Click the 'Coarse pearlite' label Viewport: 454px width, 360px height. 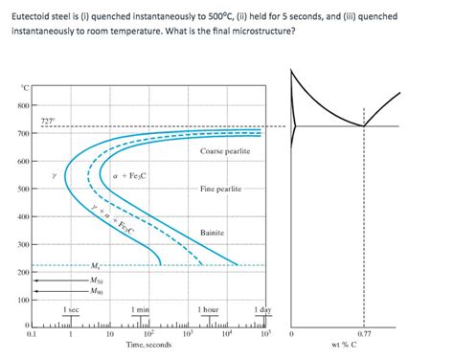(x=226, y=152)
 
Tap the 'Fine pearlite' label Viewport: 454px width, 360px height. (x=226, y=188)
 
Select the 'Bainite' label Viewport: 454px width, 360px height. (x=212, y=233)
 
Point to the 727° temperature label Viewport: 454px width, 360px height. (x=48, y=120)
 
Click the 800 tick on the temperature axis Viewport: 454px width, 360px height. (x=23, y=104)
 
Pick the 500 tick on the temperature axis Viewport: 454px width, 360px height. (x=23, y=189)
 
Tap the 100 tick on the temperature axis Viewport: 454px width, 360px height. (x=23, y=302)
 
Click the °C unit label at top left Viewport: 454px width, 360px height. (x=25, y=88)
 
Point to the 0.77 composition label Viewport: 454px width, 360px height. (x=364, y=333)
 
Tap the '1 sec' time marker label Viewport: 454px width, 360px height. (x=70, y=309)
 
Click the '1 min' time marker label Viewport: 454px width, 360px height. (x=141, y=309)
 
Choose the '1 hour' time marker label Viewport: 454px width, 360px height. (x=208, y=309)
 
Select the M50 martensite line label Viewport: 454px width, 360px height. (x=97, y=281)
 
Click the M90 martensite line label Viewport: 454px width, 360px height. (x=97, y=292)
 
